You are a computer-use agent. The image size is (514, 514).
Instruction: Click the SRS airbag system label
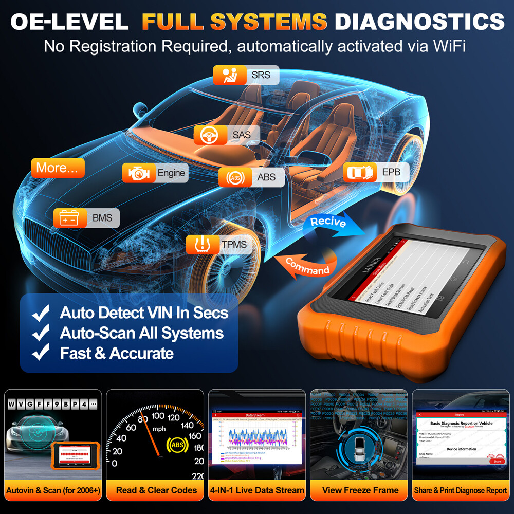tap(246, 76)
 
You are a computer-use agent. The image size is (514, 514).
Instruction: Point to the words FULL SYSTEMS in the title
tap(234, 22)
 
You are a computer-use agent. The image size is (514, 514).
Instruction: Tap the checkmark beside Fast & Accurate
tap(41, 353)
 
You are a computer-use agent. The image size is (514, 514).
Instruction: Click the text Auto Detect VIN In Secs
tap(144, 312)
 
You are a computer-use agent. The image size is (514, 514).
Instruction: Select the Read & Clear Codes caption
tap(156, 490)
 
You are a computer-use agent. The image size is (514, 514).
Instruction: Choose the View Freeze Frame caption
tap(360, 490)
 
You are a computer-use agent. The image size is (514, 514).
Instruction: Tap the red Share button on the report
tap(497, 461)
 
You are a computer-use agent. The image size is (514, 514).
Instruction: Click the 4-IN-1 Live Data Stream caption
tap(256, 490)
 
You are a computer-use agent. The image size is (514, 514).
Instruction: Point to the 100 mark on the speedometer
tap(158, 416)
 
